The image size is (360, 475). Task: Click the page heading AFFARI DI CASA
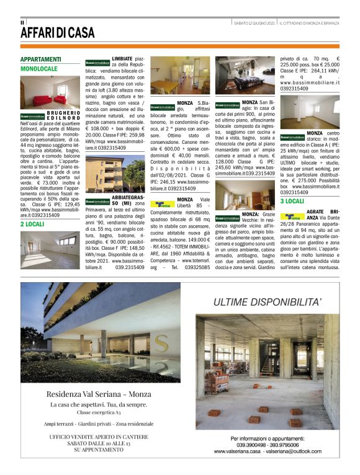58,32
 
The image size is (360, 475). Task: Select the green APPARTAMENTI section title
41,60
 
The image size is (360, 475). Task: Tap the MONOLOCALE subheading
39,69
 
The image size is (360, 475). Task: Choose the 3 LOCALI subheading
292,201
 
